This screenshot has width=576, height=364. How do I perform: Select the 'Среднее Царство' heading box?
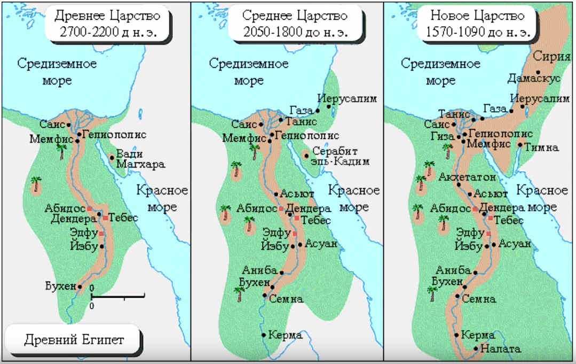(295, 23)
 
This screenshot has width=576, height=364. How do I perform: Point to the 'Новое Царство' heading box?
(479, 23)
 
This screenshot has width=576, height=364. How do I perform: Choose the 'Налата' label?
(500, 349)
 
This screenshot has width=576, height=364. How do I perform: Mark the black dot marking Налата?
(475, 348)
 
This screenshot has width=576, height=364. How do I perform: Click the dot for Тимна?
(519, 144)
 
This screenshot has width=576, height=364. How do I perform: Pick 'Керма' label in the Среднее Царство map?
(286, 335)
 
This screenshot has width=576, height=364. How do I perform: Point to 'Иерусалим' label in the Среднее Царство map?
(347, 99)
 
